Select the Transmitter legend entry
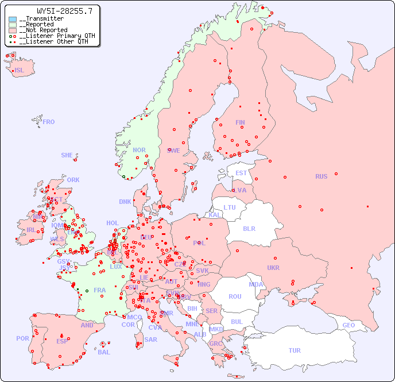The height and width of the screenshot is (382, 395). click(x=41, y=19)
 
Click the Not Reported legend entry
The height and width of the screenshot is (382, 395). click(x=42, y=30)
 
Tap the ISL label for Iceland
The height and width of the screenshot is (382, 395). click(x=19, y=71)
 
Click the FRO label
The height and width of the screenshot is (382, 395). click(x=49, y=122)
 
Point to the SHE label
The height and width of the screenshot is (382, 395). click(x=67, y=155)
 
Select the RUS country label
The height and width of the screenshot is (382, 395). click(x=321, y=176)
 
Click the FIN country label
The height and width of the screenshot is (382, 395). click(x=240, y=122)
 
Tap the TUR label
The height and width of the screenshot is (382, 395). click(x=295, y=350)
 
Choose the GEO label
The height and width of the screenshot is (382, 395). click(x=348, y=325)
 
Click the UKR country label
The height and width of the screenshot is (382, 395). click(x=273, y=268)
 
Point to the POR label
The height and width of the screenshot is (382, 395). click(x=22, y=338)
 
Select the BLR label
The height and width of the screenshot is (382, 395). click(x=249, y=228)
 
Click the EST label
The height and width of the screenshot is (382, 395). click(x=241, y=173)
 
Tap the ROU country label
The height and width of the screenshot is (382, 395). click(x=235, y=296)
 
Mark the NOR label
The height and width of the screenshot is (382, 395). click(x=139, y=150)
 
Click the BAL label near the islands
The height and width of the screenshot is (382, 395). click(x=103, y=352)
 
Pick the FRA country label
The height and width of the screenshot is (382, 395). click(x=100, y=290)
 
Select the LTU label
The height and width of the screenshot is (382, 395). click(x=230, y=207)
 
